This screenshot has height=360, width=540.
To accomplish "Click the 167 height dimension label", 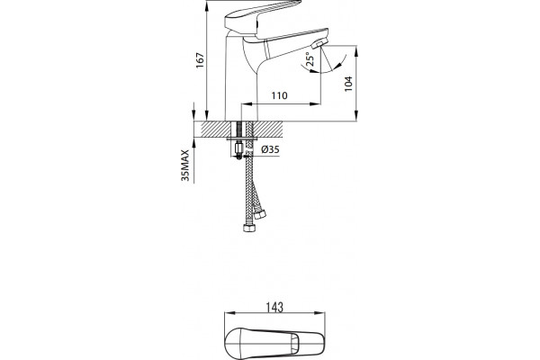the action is click(200, 60).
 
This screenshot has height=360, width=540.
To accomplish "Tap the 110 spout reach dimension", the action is click(279, 95).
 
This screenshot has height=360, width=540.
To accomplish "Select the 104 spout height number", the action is click(348, 84).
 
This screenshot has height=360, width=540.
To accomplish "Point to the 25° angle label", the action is click(310, 58).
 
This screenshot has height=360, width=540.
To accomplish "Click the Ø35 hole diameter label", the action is click(270, 149).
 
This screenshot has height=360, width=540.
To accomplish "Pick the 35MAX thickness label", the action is click(185, 166).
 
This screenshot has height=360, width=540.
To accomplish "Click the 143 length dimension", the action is click(274, 307).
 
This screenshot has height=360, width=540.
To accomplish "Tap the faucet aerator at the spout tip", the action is click(319, 44).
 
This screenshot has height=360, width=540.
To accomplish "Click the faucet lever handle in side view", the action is click(263, 16).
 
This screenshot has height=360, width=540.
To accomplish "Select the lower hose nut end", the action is click(249, 228).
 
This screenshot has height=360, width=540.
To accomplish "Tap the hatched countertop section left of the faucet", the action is click(211, 130).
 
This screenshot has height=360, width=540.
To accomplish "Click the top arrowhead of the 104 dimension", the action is click(356, 50).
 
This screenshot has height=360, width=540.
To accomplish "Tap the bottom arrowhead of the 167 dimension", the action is click(206, 115).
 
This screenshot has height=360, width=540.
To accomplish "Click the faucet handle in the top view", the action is click(274, 342).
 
